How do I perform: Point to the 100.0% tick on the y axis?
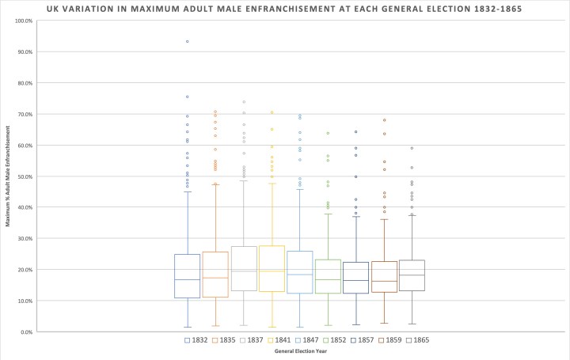[22, 21]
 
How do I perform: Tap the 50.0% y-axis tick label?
[24, 176]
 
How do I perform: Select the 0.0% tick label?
[25, 332]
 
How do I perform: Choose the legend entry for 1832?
[194, 340]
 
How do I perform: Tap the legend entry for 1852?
[334, 340]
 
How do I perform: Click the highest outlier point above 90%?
[188, 41]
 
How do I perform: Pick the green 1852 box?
[328, 273]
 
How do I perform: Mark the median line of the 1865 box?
[412, 275]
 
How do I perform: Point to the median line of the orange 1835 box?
[215, 278]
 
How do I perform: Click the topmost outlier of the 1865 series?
[412, 148]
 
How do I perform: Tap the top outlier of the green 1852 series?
[328, 133]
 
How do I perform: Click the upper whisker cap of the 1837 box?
[244, 181]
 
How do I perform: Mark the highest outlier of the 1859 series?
[384, 120]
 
